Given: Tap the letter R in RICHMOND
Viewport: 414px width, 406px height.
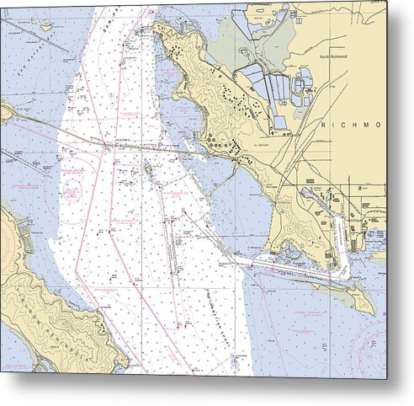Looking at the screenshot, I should click(x=325, y=125).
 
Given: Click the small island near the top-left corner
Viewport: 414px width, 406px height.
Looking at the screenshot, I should click(x=43, y=26).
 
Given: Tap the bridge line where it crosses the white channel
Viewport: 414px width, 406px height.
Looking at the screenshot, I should click(x=109, y=144).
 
